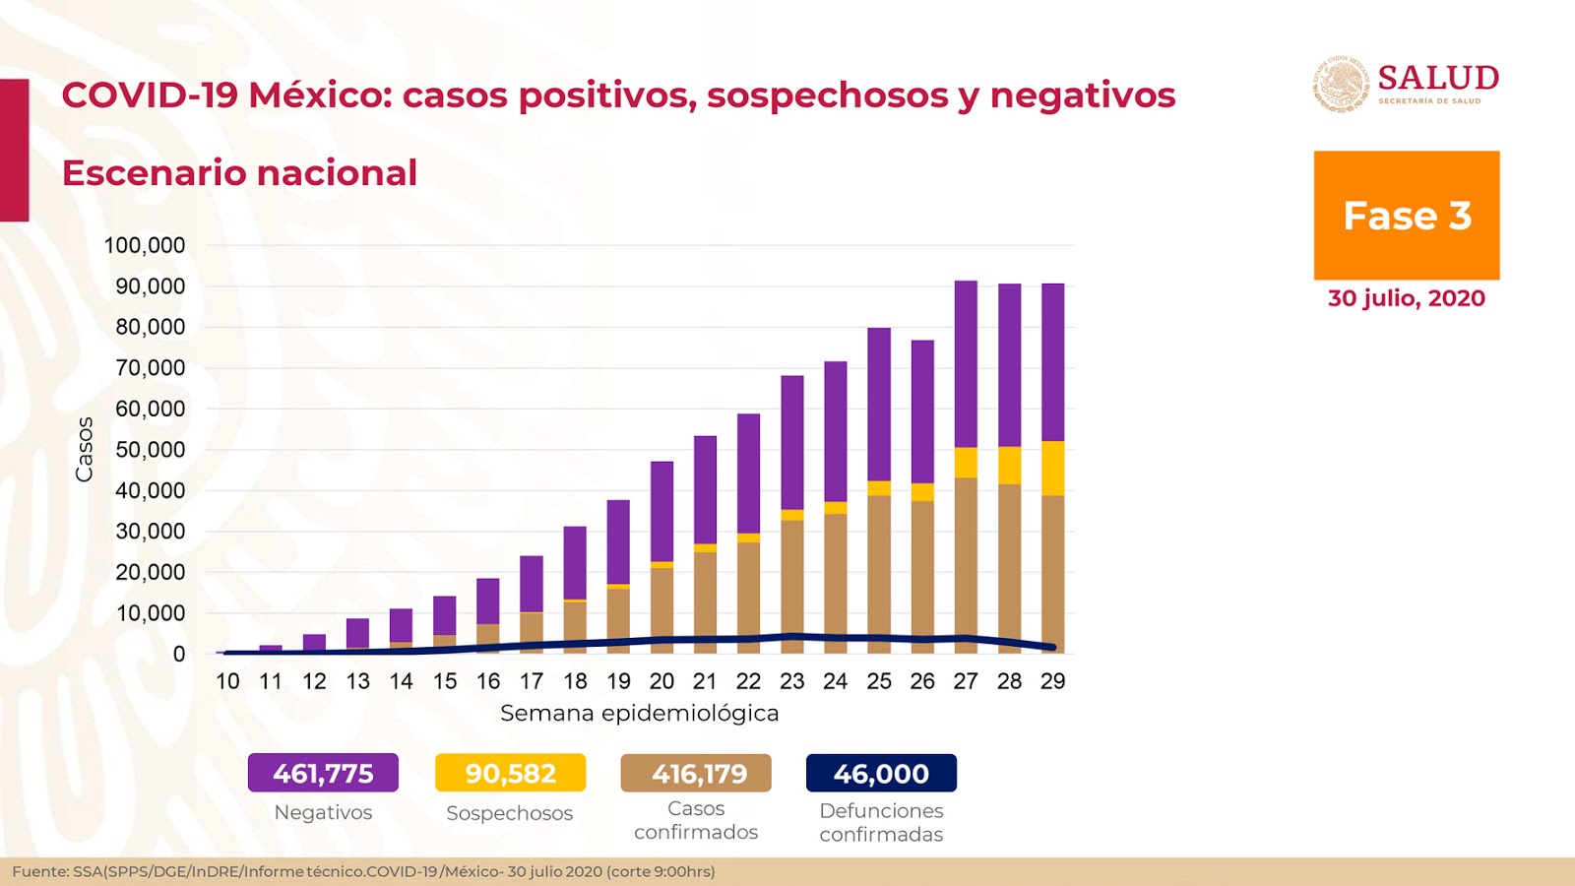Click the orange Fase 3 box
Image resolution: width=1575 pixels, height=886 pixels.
tap(1406, 216)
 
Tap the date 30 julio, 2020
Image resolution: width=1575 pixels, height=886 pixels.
tap(1406, 298)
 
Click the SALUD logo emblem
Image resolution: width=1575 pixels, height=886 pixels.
tap(1341, 84)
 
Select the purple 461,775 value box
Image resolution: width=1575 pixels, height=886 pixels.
tap(323, 773)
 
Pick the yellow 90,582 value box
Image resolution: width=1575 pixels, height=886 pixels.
tap(510, 773)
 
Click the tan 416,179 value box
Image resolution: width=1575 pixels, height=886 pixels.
tap(696, 773)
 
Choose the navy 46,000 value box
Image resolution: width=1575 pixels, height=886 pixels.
tap(881, 773)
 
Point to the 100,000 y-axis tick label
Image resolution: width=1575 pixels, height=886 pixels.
tap(145, 245)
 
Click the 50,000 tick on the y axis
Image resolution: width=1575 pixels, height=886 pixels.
tap(150, 450)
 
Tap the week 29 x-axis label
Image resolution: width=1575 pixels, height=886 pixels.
tap(1052, 681)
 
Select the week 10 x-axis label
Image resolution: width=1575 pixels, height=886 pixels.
tap(227, 681)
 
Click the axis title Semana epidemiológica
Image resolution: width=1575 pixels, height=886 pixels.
tap(639, 713)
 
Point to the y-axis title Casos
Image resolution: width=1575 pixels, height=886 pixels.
tap(85, 449)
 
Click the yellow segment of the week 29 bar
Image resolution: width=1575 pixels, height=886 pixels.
tap(1052, 468)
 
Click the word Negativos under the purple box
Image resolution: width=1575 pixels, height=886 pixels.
tap(323, 812)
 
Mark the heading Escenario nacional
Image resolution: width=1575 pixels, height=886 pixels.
tap(239, 173)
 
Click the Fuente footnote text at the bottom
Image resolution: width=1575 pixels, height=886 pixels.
tap(363, 871)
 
